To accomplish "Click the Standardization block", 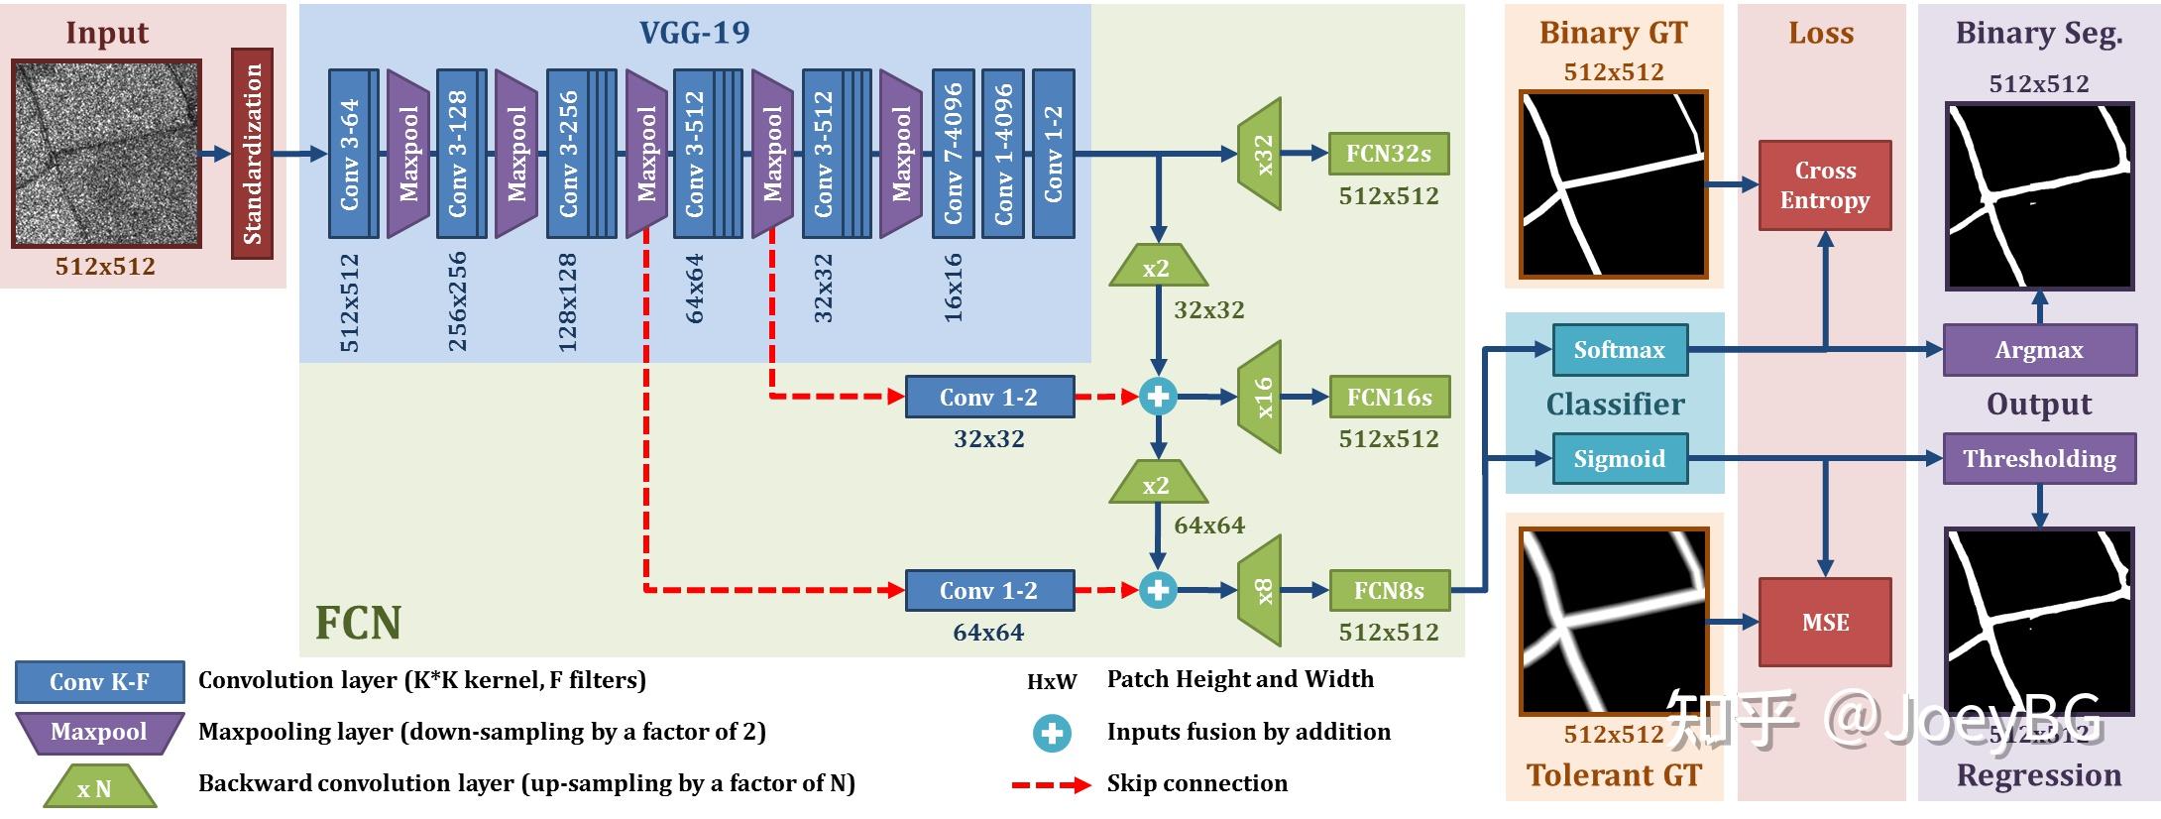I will coord(252,153).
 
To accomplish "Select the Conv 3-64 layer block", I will coord(352,154).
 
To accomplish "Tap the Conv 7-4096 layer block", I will coord(953,154).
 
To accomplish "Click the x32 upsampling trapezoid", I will coord(1261,154).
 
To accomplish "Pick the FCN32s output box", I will coord(1388,154).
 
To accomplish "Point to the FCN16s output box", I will coord(1389,397).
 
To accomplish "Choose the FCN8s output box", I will coord(1389,590).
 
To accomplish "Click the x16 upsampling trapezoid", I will coord(1261,397).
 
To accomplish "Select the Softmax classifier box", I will coord(1619,349).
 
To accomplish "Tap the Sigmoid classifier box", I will coord(1619,458).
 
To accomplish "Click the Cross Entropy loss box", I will coord(1824,185).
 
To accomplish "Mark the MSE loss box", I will coord(1824,622).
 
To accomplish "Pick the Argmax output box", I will coord(2039,349).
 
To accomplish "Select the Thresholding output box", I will coord(2039,458).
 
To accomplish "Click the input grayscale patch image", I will coord(106,153).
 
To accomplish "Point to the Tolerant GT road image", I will coord(1614,622).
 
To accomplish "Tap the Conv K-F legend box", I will coord(99,681).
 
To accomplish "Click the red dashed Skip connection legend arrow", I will coord(1051,784).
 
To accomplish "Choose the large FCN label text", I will coord(358,623).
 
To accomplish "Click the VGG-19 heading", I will coord(694,33).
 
